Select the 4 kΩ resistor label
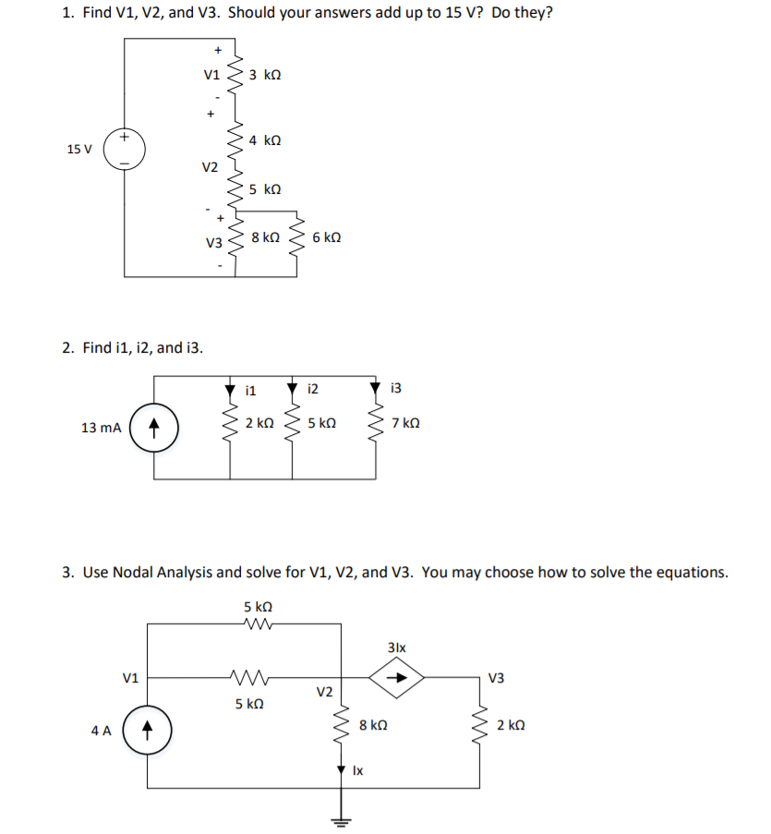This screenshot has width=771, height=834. [x=265, y=140]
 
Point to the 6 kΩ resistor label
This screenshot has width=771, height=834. [x=327, y=237]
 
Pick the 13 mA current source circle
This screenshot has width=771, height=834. [x=155, y=428]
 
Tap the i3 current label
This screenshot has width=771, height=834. [x=397, y=388]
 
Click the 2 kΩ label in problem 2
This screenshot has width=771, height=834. [x=259, y=424]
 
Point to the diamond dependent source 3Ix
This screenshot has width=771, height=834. [x=396, y=677]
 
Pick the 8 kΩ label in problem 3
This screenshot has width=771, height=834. [x=373, y=726]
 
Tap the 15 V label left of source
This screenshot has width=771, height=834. [x=79, y=149]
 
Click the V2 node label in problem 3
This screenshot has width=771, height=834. [x=324, y=693]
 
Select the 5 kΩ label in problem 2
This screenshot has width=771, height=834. [x=320, y=424]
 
